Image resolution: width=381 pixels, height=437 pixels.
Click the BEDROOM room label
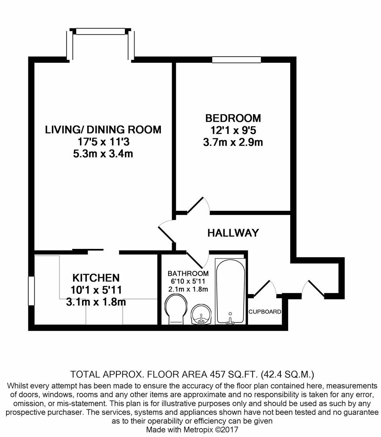(233, 118)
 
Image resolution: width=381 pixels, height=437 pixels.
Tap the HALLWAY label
(233, 233)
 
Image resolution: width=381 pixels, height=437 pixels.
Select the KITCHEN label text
(96, 278)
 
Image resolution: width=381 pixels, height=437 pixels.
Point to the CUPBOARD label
(265, 312)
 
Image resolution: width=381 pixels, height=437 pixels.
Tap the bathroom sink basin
(202, 315)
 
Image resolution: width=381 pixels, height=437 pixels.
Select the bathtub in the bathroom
(230, 291)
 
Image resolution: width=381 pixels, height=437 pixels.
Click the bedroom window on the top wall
(236, 59)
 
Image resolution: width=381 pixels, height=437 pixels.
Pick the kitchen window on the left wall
(32, 291)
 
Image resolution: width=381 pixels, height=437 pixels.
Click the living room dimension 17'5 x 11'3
(103, 142)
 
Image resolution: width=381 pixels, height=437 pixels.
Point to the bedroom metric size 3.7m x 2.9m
(233, 142)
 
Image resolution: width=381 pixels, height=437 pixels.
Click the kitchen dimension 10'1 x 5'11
(96, 290)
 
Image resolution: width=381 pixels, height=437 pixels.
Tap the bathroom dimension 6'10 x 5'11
(188, 281)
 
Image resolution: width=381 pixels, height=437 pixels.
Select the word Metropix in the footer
(196, 429)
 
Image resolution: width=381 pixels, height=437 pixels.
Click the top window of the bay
(100, 31)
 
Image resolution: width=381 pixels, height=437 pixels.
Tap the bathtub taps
(230, 319)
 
